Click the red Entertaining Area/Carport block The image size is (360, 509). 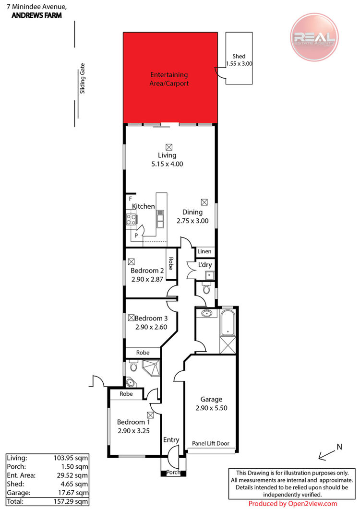coord(170,78)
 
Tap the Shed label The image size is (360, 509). coord(239,56)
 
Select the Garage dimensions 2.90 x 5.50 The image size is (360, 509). coord(211,408)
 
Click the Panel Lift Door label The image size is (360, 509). coord(211,443)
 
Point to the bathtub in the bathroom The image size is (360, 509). coord(228,323)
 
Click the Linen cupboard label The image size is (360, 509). coord(204,251)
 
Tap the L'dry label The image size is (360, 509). coord(205,265)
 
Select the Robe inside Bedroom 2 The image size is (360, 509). coord(171,263)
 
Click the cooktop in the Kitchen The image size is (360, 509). coord(131,220)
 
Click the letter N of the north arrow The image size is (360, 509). coord(339,447)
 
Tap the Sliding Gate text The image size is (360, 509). coord(83,78)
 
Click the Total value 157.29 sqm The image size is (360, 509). coord(71,501)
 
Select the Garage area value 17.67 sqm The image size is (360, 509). coord(73,493)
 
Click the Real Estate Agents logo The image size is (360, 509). coord(314,37)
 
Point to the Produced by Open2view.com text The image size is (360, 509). coord(293,504)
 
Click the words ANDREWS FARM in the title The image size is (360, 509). coord(36,15)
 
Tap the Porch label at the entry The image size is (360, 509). coord(173,473)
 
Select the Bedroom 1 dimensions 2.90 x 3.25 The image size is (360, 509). coord(133,431)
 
